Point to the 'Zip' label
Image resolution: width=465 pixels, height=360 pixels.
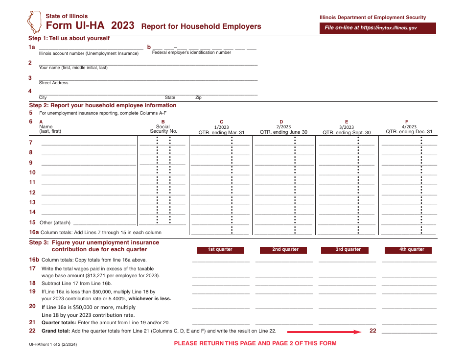[x=198, y=98]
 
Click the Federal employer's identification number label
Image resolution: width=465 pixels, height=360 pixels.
[x=191, y=52]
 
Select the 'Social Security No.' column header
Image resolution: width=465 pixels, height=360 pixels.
[x=163, y=129]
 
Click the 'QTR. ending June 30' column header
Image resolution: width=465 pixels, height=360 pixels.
[x=283, y=132]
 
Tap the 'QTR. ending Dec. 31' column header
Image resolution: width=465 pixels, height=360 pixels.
[x=409, y=132]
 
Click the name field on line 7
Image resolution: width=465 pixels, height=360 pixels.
[x=89, y=143]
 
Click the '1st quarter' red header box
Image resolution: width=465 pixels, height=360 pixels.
[x=220, y=250]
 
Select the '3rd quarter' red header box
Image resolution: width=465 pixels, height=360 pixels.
[x=348, y=250]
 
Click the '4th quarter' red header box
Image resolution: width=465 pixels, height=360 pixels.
[x=412, y=250]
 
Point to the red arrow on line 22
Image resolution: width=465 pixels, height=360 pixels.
[x=324, y=332]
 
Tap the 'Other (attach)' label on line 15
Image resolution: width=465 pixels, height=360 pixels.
[x=55, y=223]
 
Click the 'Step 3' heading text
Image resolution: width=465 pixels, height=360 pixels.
[x=94, y=246]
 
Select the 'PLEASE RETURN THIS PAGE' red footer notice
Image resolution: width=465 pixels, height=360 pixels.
[x=255, y=343]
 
